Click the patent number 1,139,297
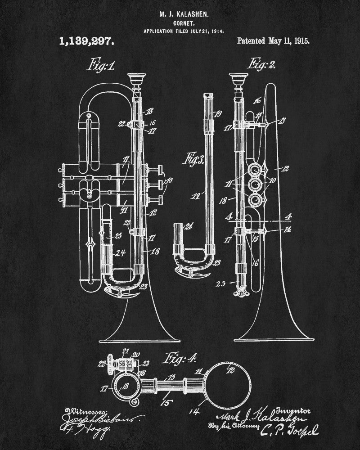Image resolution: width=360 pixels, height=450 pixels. tap(87, 41)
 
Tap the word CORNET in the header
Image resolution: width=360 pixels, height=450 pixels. tap(184, 23)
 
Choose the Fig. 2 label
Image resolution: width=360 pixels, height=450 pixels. tap(262, 63)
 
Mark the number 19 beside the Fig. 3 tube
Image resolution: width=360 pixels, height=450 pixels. tap(219, 113)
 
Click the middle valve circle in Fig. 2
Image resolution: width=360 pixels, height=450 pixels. tap(259, 185)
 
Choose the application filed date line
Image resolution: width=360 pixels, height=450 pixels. tap(184, 31)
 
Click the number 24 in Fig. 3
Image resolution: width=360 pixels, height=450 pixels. tap(176, 226)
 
